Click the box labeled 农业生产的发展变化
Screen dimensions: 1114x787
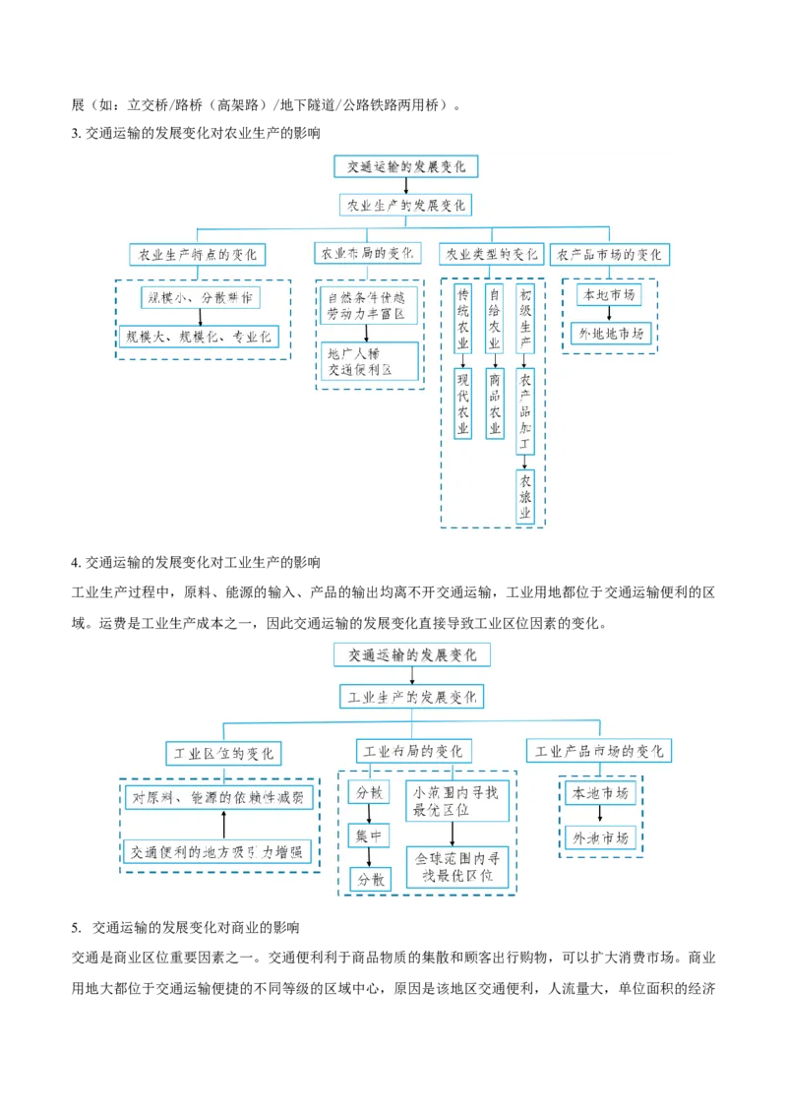tap(405, 205)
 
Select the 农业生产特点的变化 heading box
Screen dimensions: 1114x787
tap(197, 254)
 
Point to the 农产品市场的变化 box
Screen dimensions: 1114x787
tap(609, 254)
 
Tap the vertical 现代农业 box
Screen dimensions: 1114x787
tap(463, 403)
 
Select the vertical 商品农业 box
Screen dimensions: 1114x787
tap(494, 403)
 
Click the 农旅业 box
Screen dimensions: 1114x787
tap(525, 497)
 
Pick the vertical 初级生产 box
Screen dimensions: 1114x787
tap(525, 317)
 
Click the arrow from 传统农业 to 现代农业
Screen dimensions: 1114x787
tap(463, 360)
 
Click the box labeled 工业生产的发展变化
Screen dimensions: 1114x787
tap(411, 697)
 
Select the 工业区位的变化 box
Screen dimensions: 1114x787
tap(223, 754)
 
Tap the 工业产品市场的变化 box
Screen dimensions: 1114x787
tap(599, 751)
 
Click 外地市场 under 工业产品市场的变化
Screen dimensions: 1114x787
tap(600, 838)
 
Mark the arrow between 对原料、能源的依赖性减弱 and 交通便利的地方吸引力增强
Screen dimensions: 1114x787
tap(223, 825)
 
